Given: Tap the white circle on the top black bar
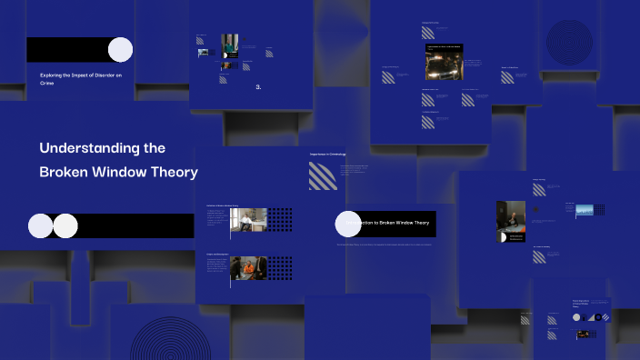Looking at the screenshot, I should click(x=120, y=49).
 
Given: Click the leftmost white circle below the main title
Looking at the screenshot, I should click(x=41, y=225).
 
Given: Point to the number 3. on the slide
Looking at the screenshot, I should click(x=258, y=87).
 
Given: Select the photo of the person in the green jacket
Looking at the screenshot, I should click(x=229, y=45).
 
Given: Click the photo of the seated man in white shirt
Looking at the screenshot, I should click(x=249, y=220).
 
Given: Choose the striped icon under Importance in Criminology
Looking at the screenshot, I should click(x=323, y=175).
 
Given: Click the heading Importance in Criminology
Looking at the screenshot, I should click(x=328, y=155).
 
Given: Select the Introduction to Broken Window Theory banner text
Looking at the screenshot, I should click(x=392, y=223).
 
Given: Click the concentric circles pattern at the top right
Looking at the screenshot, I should click(x=569, y=41).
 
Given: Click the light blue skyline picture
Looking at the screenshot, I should click(x=584, y=210).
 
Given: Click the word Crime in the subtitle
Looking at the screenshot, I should click(x=47, y=83).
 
